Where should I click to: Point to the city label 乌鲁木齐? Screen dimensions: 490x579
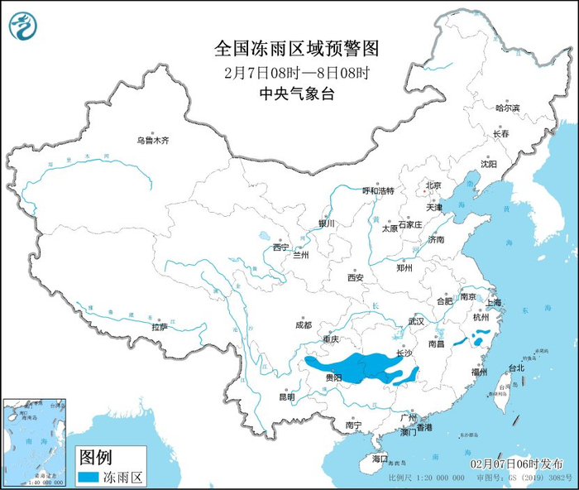coord(152,141)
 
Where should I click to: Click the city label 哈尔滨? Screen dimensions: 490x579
coord(507,108)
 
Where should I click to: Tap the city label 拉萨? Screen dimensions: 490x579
coord(160,327)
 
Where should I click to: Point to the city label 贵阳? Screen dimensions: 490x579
coord(334,377)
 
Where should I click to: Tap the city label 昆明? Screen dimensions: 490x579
coord(286,396)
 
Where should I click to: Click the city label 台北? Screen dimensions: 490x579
coord(516,367)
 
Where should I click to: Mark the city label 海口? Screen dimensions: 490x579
coord(380,458)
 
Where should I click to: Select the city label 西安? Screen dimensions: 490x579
coord(356,278)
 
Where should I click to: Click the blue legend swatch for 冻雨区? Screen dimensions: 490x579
coord(88,478)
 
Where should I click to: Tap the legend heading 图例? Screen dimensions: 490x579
coord(93,458)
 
